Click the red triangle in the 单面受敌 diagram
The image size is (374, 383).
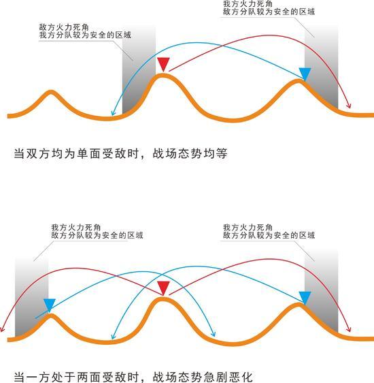pyautogui.click(x=163, y=64)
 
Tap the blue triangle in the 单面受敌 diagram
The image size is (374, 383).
pyautogui.click(x=305, y=74)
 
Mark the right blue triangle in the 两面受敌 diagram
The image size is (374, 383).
pyautogui.click(x=305, y=298)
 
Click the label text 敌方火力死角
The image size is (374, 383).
pyautogui.click(x=64, y=27)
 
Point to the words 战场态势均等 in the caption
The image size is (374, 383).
pyautogui.click(x=190, y=153)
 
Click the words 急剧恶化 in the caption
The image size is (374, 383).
pyautogui.click(x=228, y=377)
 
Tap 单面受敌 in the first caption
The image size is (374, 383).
pyautogui.click(x=101, y=153)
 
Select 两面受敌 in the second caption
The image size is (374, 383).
pyautogui.click(x=101, y=377)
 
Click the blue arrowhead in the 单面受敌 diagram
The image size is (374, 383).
pyautogui.click(x=113, y=113)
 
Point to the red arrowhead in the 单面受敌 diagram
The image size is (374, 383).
pyautogui.click(x=349, y=106)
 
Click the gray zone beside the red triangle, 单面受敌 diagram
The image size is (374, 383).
pyautogui.click(x=138, y=71)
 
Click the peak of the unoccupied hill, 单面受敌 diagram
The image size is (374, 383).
pyautogui.click(x=50, y=91)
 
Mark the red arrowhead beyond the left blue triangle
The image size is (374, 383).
pyautogui.click(x=2, y=329)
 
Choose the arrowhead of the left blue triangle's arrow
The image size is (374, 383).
pyautogui.click(x=214, y=334)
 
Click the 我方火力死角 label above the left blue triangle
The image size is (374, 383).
pyautogui.click(x=75, y=227)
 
